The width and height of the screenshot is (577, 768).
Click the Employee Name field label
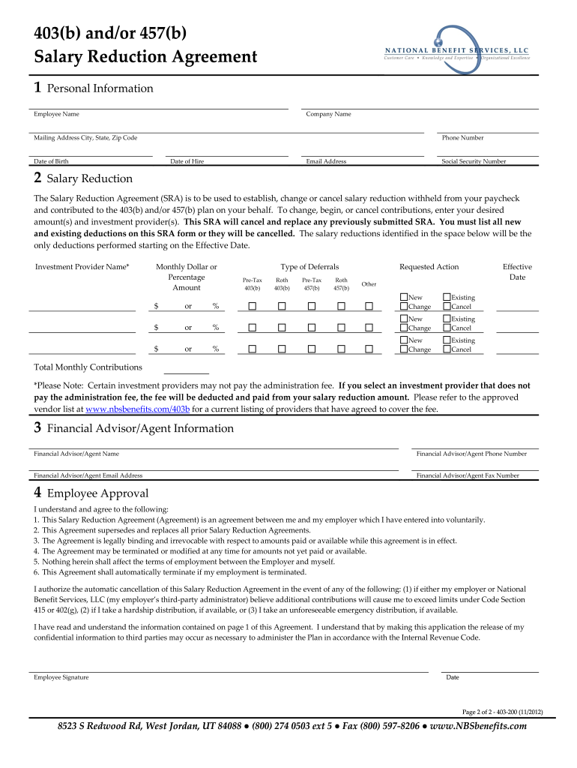pyautogui.click(x=56, y=115)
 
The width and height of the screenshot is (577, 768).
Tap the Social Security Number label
pyautogui.click(x=474, y=162)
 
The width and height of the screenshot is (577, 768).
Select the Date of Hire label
pyautogui.click(x=187, y=162)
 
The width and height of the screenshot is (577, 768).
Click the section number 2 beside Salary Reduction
pyautogui.click(x=37, y=178)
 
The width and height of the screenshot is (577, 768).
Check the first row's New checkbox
pyautogui.click(x=404, y=298)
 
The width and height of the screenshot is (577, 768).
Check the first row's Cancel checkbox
pyautogui.click(x=447, y=307)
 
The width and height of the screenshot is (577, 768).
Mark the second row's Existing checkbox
pyautogui.click(x=447, y=319)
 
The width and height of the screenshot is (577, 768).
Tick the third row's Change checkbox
pyautogui.click(x=404, y=349)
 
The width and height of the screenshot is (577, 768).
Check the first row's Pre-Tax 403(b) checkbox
pyautogui.click(x=253, y=306)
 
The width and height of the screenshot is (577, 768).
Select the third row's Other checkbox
pyautogui.click(x=369, y=349)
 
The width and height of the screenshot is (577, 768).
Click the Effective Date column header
pyautogui.click(x=517, y=272)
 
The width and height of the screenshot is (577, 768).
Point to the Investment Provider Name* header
pyautogui.click(x=82, y=267)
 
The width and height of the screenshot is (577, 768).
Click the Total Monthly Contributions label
pyautogui.click(x=88, y=367)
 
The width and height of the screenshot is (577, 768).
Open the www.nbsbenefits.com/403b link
pyautogui.click(x=138, y=409)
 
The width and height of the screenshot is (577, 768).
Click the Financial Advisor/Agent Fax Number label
pyautogui.click(x=468, y=475)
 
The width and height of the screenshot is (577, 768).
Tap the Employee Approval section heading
pyautogui.click(x=97, y=493)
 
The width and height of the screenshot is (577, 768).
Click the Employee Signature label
pyautogui.click(x=61, y=677)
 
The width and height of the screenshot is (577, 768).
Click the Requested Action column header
pyautogui.click(x=429, y=267)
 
